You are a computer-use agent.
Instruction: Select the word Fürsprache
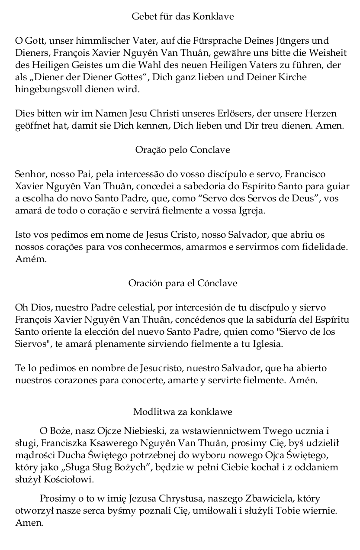point(210,41)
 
